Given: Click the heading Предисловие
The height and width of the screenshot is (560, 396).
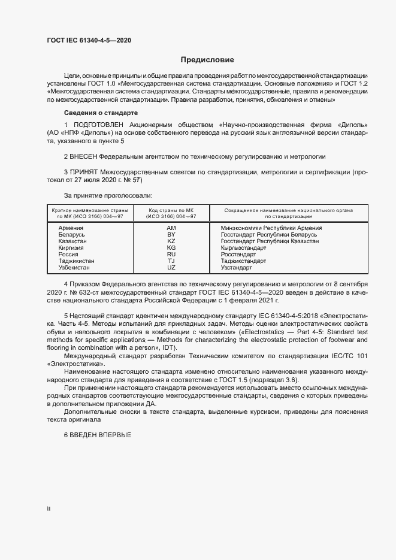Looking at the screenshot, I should (207, 60).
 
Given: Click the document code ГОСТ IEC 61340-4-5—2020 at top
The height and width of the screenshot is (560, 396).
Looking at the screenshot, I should (89, 40).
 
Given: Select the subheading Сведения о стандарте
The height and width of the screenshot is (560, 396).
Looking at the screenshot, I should (101, 113).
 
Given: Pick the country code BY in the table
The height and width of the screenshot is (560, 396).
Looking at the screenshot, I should (171, 235).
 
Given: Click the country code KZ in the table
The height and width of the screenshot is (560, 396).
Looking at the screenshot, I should (171, 241).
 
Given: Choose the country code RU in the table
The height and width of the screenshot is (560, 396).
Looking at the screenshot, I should (171, 255).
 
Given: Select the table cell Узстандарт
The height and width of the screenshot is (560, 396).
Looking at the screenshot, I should (237, 268).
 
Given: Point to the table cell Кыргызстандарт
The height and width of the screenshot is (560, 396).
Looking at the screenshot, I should (243, 248).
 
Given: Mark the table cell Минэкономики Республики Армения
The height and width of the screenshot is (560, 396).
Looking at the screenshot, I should (271, 228).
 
